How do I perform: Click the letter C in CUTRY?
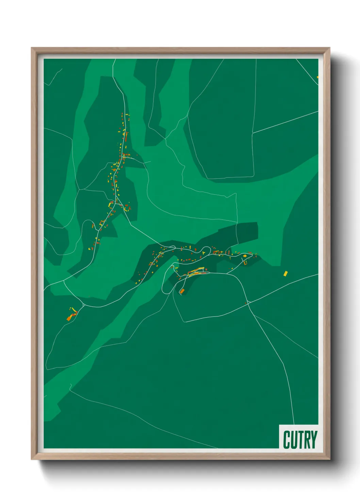(287, 440)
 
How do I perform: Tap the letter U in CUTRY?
(294, 440)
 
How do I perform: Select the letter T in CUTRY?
(300, 440)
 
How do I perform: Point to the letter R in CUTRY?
(307, 440)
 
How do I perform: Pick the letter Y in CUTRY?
(314, 440)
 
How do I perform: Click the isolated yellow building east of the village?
(285, 273)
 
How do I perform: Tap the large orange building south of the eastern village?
(182, 291)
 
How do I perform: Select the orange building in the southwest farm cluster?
(69, 318)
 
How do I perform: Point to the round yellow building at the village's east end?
(245, 255)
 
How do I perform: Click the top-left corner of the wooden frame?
(32, 48)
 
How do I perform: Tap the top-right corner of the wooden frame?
(329, 48)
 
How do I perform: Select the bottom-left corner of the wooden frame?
(32, 459)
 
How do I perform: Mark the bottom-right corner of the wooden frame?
(329, 459)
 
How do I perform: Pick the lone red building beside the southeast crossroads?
(245, 303)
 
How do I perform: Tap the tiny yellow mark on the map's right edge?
(317, 77)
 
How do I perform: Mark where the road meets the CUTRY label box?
(294, 425)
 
